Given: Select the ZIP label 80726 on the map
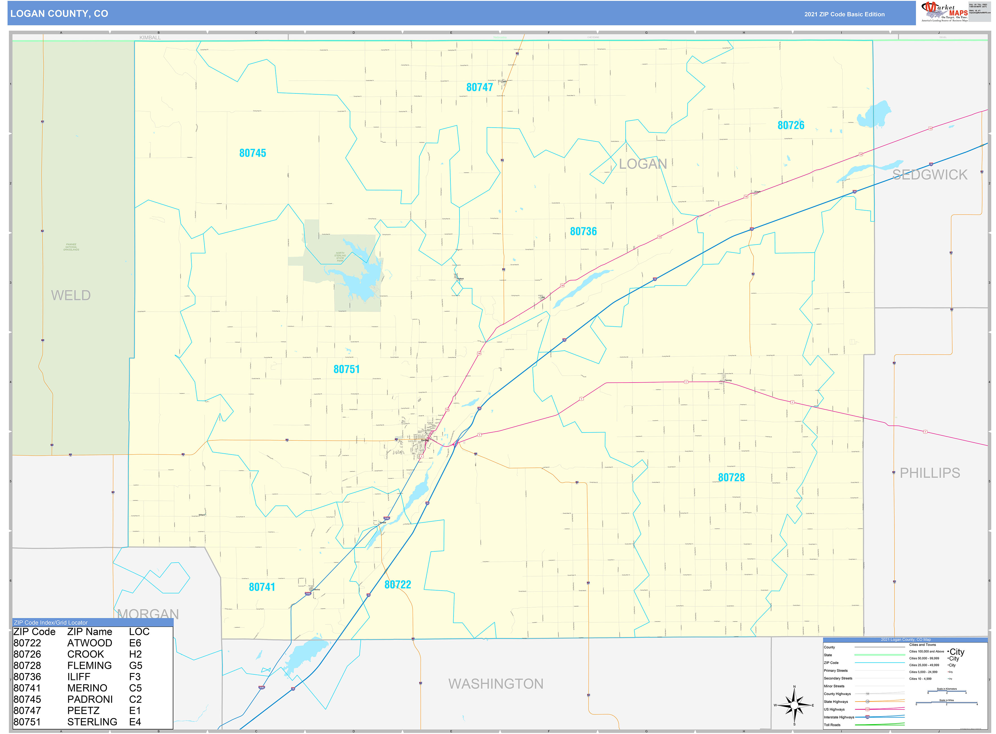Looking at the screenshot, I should (791, 125).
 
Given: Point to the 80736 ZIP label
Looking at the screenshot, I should (583, 231).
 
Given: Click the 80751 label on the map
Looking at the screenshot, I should (347, 369).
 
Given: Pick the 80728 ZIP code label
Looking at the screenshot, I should (731, 478).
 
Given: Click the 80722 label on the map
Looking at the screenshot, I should (398, 585).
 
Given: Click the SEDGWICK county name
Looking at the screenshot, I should (929, 175).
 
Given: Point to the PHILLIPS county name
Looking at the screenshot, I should (929, 473).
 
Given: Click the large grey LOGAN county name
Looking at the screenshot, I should (643, 164).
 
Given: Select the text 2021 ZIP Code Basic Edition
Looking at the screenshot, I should (844, 14).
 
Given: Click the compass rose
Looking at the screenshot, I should (794, 705).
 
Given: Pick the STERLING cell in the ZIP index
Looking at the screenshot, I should (92, 722).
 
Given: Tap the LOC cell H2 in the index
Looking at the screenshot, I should (135, 654).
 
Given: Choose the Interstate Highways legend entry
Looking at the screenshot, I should (839, 717).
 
